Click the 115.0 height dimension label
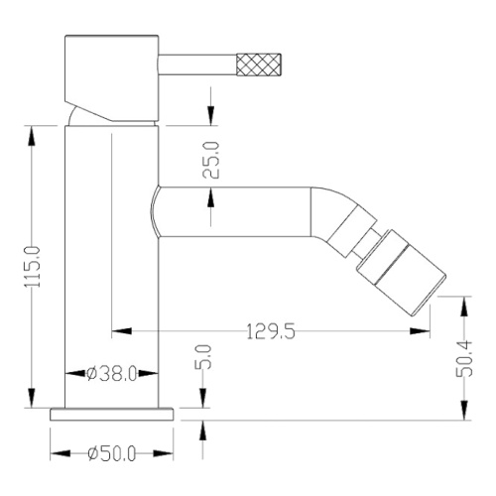tap(33, 267)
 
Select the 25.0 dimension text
tap(211, 160)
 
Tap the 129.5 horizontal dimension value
tap(271, 331)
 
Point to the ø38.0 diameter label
tap(111, 374)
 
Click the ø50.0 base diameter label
tap(112, 453)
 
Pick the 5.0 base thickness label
tap(203, 357)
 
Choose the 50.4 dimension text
tap(464, 358)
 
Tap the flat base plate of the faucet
tap(112, 415)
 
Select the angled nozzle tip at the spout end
tap(402, 272)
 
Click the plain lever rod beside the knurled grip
tap(197, 64)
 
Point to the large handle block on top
tap(112, 77)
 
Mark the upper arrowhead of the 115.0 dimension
tap(32, 136)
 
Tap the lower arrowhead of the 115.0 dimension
tap(32, 398)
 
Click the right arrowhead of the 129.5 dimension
tap(420, 331)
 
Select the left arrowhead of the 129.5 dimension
tap(122, 330)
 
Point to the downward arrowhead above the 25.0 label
tap(210, 115)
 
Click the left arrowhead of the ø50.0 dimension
tap(61, 453)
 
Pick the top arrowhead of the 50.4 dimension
tap(464, 307)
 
